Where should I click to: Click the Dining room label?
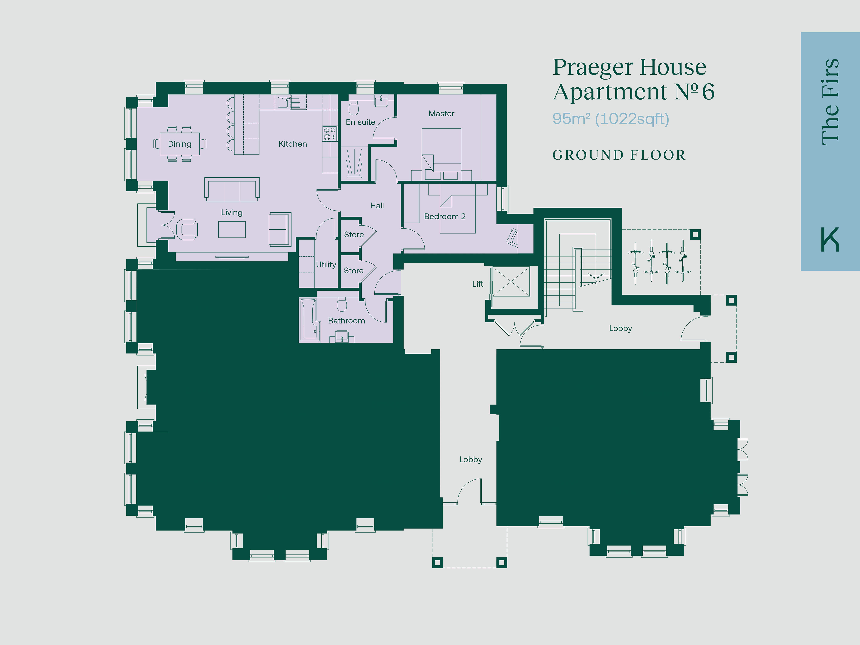point(180,144)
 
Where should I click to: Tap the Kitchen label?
point(292,144)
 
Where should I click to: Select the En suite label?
point(360,122)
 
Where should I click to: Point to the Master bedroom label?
point(441,114)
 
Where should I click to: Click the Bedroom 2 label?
point(445,217)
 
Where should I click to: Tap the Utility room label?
point(326,265)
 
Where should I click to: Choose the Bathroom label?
point(346,321)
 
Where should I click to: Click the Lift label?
point(478,284)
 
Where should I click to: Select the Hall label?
point(377,206)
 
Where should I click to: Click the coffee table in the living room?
point(232,229)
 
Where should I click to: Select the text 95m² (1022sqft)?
point(611,119)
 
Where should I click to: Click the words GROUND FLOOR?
point(619,155)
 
